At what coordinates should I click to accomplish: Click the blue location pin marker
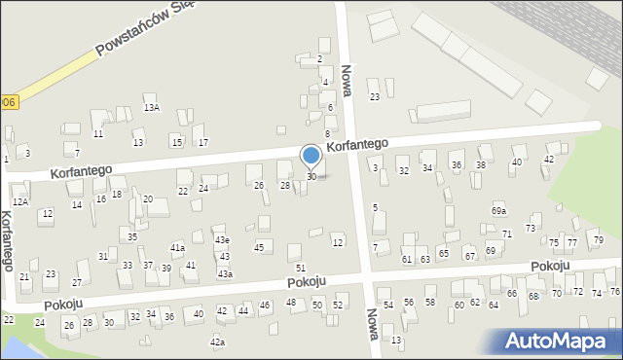(x=311, y=157)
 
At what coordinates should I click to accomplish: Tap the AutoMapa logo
(x=560, y=341)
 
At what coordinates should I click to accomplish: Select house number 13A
(x=152, y=108)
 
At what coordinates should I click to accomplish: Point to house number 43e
(x=222, y=240)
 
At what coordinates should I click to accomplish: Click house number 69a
(x=498, y=211)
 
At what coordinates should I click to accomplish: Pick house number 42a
(x=218, y=342)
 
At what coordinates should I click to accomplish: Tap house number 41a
(x=177, y=248)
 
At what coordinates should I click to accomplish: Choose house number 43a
(x=225, y=274)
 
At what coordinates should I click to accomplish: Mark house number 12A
(x=20, y=200)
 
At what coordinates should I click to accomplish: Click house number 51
(x=301, y=268)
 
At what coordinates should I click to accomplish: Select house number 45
(x=259, y=247)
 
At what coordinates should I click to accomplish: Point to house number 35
(x=132, y=237)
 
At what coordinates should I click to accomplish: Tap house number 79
(x=599, y=240)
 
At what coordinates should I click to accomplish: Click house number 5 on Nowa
(x=375, y=207)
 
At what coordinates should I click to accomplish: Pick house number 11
(x=97, y=134)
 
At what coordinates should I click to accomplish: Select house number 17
(x=202, y=143)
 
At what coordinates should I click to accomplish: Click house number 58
(x=430, y=303)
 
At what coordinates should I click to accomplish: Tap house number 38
(x=480, y=165)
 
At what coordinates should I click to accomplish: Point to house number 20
(x=148, y=199)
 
